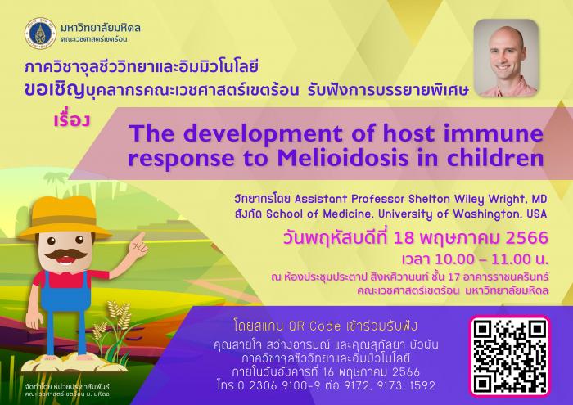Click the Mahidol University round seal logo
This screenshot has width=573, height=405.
coord(41,34)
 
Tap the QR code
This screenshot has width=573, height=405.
coord(510,357)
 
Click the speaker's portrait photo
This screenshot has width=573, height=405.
coord(506,58)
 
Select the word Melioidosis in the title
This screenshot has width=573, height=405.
coord(343,158)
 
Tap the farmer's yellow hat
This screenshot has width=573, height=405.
coord(65,218)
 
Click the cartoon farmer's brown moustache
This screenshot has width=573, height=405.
coord(66,254)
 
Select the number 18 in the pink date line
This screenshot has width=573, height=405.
coord(404,238)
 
